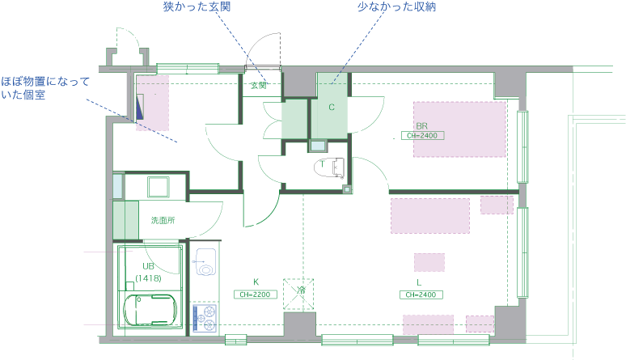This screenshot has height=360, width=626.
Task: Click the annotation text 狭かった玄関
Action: point(197,7)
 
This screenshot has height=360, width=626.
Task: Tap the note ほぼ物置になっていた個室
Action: point(44,88)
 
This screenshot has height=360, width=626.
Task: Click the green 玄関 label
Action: point(258,84)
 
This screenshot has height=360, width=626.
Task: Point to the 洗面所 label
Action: point(163,220)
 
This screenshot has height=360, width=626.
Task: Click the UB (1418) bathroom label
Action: point(149,272)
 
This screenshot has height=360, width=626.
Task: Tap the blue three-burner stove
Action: point(205,318)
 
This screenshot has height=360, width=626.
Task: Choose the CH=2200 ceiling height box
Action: point(256,294)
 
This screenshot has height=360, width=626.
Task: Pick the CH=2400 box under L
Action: point(421,294)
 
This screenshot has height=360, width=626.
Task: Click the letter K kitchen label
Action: point(256,282)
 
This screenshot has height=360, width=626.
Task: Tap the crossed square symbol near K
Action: point(298,294)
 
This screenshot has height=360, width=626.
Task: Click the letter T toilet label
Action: point(322,164)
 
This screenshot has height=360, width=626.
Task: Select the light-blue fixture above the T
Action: point(319,146)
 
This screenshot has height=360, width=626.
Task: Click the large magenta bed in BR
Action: point(459,129)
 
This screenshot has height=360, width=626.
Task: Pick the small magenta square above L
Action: point(429,262)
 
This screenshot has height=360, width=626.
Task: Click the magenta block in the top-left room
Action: point(152,103)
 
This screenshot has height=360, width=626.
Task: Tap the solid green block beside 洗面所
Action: point(125,219)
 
